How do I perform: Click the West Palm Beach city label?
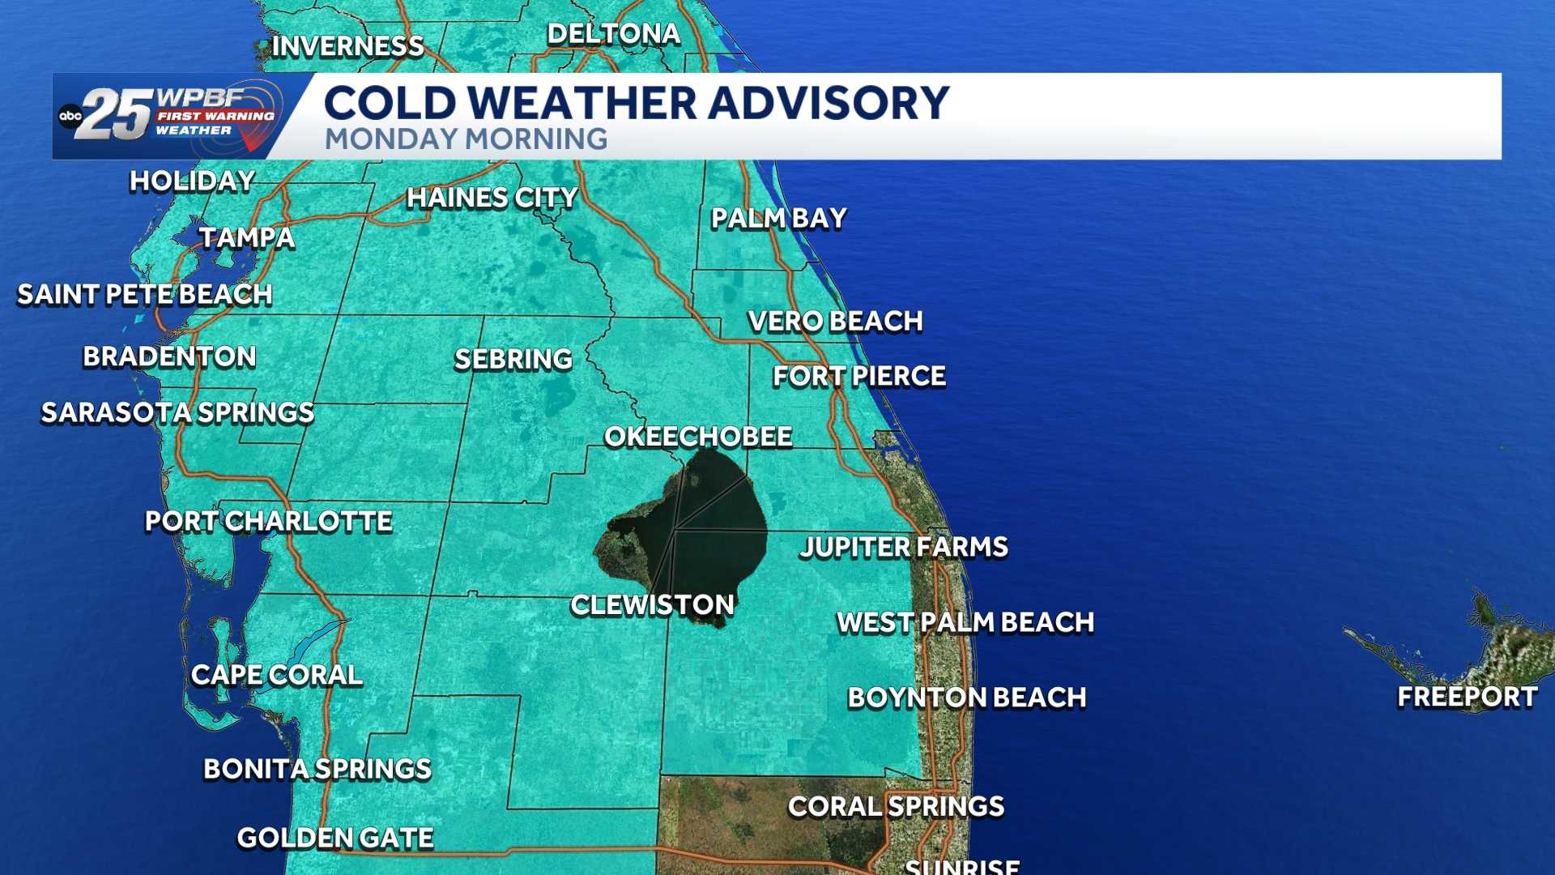[965, 622]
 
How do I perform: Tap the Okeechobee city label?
[698, 437]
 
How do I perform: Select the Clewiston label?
[652, 604]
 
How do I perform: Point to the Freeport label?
[1467, 697]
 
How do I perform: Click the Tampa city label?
[247, 237]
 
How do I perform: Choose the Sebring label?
[513, 359]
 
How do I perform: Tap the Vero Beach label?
[835, 322]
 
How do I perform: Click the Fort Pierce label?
[858, 376]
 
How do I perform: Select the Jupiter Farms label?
[903, 547]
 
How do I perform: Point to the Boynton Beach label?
[966, 698]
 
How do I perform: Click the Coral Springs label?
[896, 806]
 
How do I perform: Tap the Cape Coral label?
[276, 675]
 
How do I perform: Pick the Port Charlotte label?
[268, 521]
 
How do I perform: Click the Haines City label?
[492, 198]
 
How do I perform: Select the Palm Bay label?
[778, 218]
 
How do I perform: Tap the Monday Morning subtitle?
[466, 139]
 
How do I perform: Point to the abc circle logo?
[70, 116]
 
